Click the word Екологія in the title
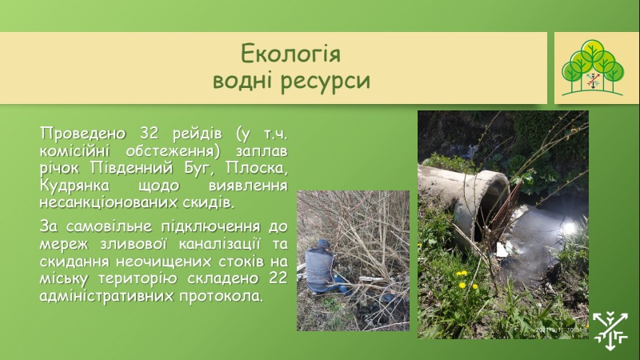point(290,54)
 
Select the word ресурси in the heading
point(326,80)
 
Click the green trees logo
point(593,68)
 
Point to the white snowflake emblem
point(610,330)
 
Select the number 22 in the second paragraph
point(278,278)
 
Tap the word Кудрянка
point(74,186)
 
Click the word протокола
point(221,296)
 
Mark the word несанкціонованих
point(108,202)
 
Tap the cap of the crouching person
point(324,244)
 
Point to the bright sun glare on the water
point(569,227)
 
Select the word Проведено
point(83,134)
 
